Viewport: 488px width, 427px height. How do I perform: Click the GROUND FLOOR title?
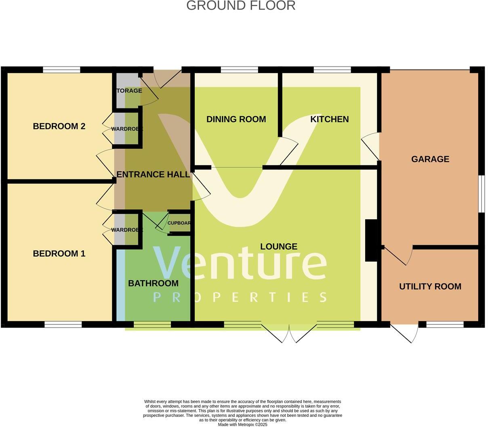click(x=241, y=6)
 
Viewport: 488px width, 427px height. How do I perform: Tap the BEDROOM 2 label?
click(x=59, y=126)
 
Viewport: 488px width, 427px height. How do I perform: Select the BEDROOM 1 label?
click(x=59, y=254)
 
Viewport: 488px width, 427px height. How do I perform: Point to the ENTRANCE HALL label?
click(x=153, y=174)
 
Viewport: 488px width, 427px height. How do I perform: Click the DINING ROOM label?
click(x=236, y=119)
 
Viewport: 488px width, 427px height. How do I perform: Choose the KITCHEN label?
click(x=329, y=119)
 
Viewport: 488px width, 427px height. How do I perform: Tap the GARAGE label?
click(x=430, y=159)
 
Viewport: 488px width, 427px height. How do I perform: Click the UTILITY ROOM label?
click(x=430, y=287)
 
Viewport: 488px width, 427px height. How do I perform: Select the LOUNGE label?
click(x=279, y=247)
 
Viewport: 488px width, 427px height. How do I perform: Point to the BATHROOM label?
click(x=153, y=283)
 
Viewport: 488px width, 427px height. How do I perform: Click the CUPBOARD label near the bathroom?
click(x=179, y=223)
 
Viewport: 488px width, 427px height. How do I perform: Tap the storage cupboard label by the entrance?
click(x=129, y=91)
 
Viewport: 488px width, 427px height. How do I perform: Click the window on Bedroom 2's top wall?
click(x=61, y=70)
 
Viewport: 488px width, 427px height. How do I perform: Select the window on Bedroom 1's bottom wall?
click(x=63, y=324)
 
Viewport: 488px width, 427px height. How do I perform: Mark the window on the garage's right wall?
click(x=481, y=194)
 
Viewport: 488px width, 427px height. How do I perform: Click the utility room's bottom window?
click(x=445, y=324)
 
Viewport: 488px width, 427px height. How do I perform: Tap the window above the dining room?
click(x=239, y=70)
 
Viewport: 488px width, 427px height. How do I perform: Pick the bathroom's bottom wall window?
click(x=152, y=324)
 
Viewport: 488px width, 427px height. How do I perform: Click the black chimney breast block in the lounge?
click(x=371, y=240)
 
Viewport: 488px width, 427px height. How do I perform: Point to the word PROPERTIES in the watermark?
click(x=240, y=298)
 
